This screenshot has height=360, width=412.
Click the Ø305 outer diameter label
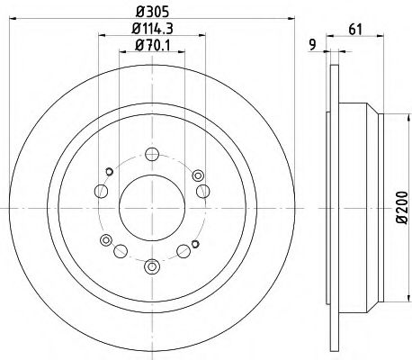pos(151,13)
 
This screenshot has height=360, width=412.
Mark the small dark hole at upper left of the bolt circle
pos(109,171)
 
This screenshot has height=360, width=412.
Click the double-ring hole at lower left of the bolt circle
pos(108,238)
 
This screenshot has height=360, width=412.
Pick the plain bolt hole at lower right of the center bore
pos(184,250)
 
